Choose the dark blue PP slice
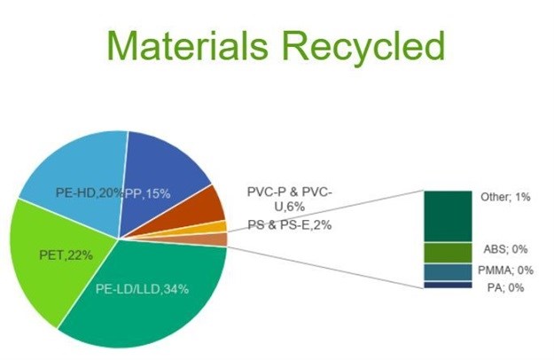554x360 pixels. pos(164,168)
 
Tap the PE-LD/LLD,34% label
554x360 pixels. pos(154,289)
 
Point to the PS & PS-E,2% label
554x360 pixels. pos(289,225)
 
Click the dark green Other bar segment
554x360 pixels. pos(446,215)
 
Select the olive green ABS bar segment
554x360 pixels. pos(446,253)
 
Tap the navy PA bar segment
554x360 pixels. pos(446,285)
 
